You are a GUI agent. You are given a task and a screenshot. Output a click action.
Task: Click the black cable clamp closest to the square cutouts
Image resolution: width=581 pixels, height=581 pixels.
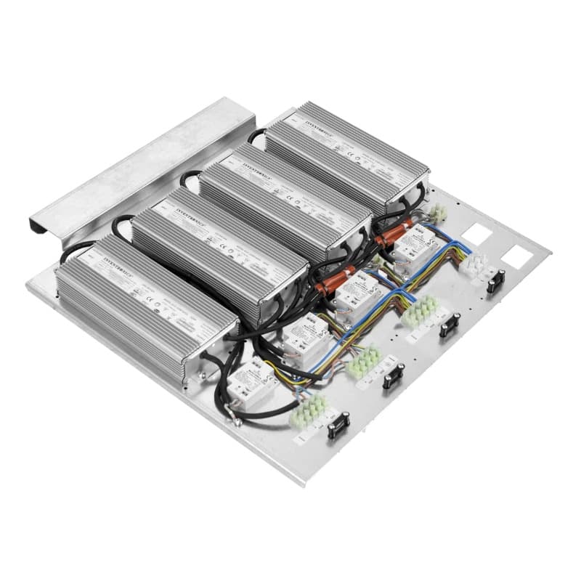(x=496, y=280)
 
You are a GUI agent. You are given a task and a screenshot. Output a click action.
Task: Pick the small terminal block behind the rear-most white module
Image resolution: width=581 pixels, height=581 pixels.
(x=438, y=212)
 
